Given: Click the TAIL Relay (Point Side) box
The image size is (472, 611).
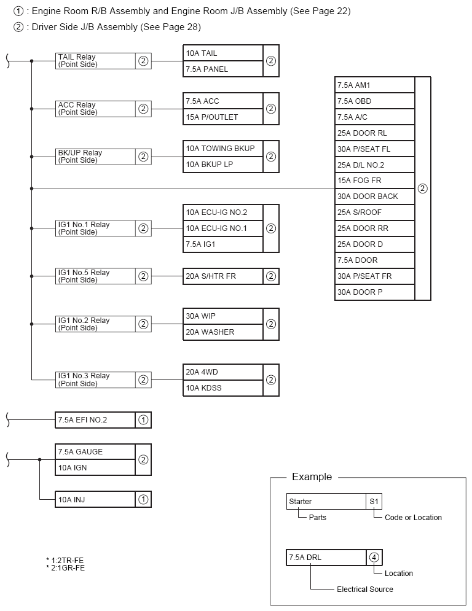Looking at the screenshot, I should click(x=95, y=61).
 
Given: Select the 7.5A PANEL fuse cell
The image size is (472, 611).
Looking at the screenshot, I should click(x=222, y=69).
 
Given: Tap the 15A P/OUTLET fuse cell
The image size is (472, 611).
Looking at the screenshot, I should click(x=222, y=117).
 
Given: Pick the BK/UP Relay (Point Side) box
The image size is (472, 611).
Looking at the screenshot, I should click(x=95, y=157).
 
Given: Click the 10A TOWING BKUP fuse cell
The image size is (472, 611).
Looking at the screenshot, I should click(x=222, y=149).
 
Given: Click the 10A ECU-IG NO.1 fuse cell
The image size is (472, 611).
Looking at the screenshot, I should click(x=222, y=228).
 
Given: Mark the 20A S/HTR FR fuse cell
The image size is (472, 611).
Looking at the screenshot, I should click(x=222, y=276).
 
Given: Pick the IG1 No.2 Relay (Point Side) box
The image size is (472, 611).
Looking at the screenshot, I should click(x=95, y=324).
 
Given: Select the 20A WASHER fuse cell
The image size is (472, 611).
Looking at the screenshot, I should click(x=222, y=332).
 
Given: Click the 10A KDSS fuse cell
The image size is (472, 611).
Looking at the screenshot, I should click(x=222, y=388).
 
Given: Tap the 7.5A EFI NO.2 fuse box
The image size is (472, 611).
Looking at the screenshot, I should click(x=95, y=420).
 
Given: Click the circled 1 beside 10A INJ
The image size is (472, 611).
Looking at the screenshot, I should click(x=143, y=499).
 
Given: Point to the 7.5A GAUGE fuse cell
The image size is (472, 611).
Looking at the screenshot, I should click(x=95, y=452).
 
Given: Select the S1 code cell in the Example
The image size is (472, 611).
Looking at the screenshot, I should click(x=374, y=502).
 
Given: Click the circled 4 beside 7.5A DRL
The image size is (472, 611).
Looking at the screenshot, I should click(x=374, y=558).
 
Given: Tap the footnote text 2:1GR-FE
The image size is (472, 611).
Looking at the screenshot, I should click(x=66, y=568).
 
